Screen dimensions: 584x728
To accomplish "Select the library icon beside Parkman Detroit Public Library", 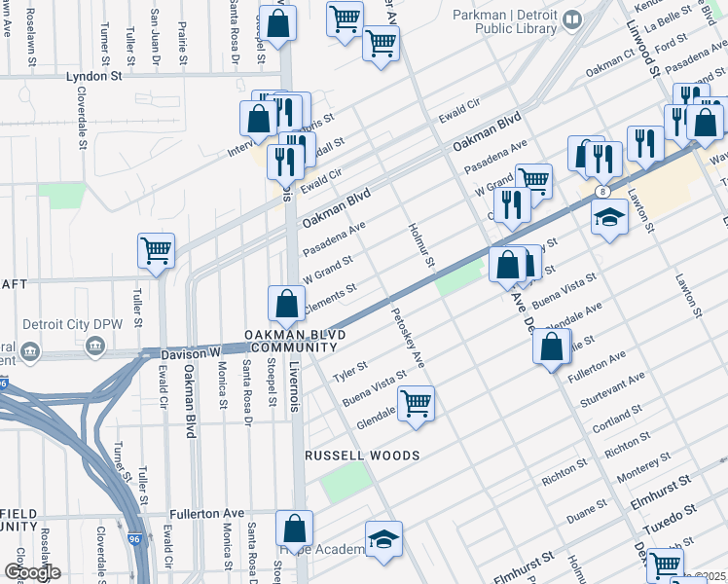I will (573, 18).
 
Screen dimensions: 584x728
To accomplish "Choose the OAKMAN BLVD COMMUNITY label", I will (294, 341).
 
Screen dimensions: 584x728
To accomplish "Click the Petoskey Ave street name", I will (408, 338).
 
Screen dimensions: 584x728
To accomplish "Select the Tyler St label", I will (348, 371).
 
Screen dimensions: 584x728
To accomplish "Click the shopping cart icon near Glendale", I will (416, 402).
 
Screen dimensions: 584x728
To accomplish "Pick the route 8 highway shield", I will (603, 192).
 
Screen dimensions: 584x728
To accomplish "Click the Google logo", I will (32, 572).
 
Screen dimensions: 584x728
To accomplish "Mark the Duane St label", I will (587, 508).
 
